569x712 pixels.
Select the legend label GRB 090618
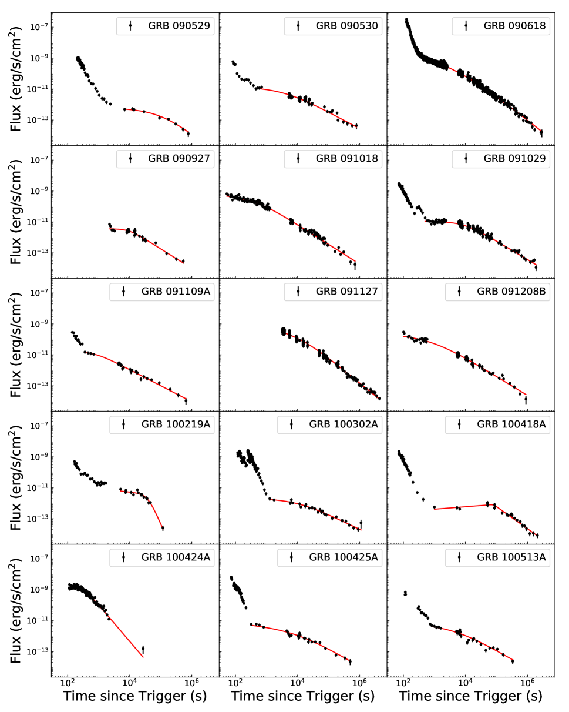(x=515, y=26)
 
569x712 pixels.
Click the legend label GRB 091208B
(x=511, y=292)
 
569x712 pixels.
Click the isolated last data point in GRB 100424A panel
(x=143, y=649)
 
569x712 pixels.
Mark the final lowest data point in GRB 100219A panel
(x=163, y=528)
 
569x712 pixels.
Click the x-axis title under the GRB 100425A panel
(x=302, y=697)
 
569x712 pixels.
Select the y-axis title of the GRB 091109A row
(x=16, y=345)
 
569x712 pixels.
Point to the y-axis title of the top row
(x=16, y=79)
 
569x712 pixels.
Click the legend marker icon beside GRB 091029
(x=466, y=159)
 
